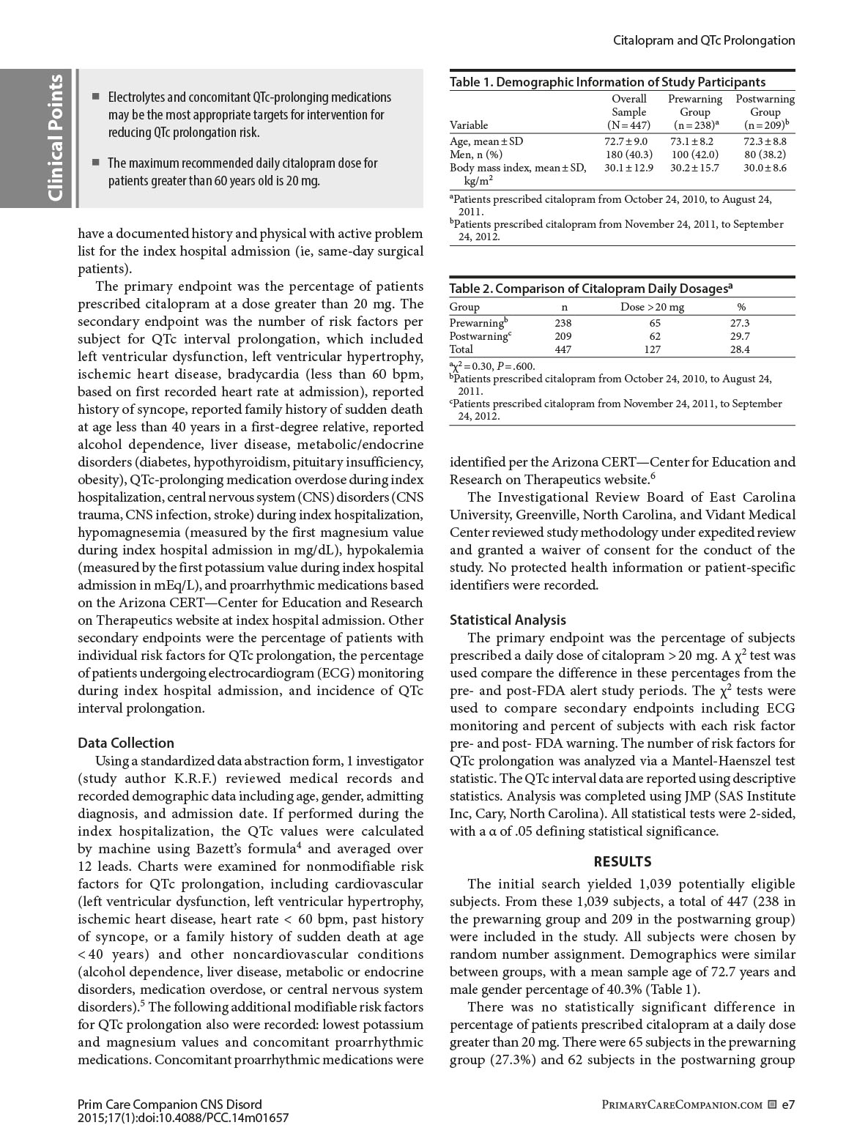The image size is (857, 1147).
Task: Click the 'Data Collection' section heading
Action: pos(126,743)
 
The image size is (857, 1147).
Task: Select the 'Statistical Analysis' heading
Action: pos(508,620)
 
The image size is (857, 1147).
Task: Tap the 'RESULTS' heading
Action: pos(622,861)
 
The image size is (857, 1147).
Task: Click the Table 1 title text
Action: pos(607,82)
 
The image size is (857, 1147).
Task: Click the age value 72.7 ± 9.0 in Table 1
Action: pos(626,141)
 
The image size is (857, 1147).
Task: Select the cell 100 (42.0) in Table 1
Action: pos(694,155)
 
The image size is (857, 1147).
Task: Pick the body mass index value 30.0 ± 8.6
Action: pos(765,168)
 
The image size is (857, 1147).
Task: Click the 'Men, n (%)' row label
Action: pos(475,155)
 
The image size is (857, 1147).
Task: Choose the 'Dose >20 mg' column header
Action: pos(652,307)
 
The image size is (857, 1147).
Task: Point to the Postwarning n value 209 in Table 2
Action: pos(563,336)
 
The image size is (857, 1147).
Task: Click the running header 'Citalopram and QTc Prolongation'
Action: pos(703,40)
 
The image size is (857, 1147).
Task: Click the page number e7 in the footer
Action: pos(788,1103)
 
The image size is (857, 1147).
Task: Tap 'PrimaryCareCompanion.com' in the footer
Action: pos(681,1104)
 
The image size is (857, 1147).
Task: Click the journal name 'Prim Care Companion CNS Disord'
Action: pos(169,1104)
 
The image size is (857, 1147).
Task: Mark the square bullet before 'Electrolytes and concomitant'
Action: pos(95,97)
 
